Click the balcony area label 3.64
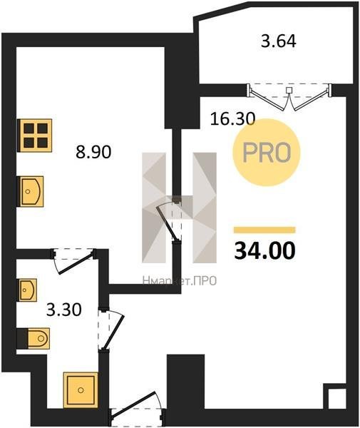pyautogui.click(x=279, y=42)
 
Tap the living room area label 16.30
pyautogui.click(x=232, y=119)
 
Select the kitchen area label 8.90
pyautogui.click(x=93, y=152)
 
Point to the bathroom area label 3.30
pyautogui.click(x=64, y=310)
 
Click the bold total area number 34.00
pyautogui.click(x=264, y=250)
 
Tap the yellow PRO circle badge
pyautogui.click(x=266, y=153)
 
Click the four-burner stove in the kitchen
pyautogui.click(x=35, y=136)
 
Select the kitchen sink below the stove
pyautogui.click(x=30, y=191)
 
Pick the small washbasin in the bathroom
pyautogui.click(x=28, y=290)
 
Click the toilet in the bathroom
pyautogui.click(x=34, y=338)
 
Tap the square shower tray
pyautogui.click(x=81, y=389)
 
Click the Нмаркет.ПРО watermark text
pyautogui.click(x=180, y=280)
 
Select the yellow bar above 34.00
pyautogui.click(x=264, y=230)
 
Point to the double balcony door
pyautogui.click(x=289, y=96)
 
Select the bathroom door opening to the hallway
pyautogui.click(x=111, y=329)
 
